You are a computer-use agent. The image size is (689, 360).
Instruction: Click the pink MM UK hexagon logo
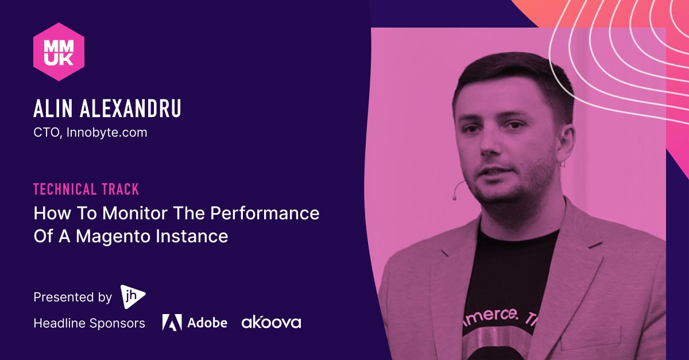59,51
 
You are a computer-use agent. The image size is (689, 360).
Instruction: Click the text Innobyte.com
107,133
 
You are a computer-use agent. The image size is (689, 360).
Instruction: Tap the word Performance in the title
265,213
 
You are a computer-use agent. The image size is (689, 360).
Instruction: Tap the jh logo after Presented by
133,296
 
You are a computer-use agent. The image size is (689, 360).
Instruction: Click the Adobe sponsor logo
195,323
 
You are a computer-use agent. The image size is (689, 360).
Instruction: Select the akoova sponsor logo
271,322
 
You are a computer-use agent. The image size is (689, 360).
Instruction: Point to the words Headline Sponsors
89,323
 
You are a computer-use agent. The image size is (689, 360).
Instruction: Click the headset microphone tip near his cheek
455,198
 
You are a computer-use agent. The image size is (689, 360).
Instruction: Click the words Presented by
72,297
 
